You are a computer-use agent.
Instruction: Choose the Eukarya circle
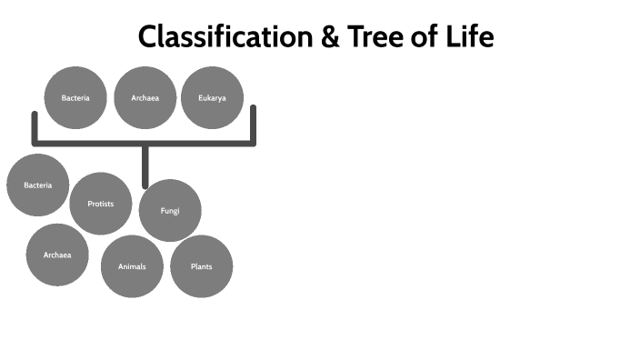tap(212, 97)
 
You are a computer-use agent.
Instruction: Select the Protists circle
tap(101, 204)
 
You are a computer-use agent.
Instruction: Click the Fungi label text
tap(170, 211)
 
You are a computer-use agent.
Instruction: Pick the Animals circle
tap(132, 266)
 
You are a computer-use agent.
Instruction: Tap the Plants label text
tap(202, 266)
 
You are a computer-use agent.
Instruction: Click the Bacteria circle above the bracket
tap(75, 97)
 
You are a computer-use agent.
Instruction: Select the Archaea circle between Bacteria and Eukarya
tap(145, 97)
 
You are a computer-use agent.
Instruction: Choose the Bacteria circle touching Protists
tap(38, 185)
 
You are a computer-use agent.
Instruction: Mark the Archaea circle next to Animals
tap(57, 255)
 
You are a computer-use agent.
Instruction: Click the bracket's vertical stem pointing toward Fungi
tap(145, 166)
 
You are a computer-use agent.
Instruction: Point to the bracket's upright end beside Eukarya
tap(254, 124)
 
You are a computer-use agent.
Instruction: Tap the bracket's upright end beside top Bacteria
tap(35, 126)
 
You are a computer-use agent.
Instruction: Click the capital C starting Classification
tap(148, 37)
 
